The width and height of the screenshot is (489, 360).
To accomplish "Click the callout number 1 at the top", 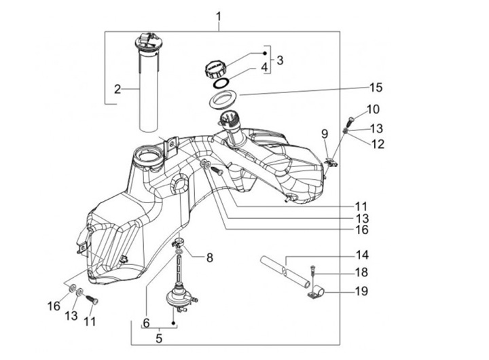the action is click(x=219, y=17).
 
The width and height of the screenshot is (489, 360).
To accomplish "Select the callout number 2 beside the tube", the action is click(x=117, y=89).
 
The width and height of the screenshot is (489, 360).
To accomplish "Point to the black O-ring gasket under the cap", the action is click(x=221, y=83).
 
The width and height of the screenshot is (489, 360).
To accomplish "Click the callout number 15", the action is click(x=376, y=88).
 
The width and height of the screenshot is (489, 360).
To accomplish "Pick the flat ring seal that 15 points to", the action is click(x=223, y=99).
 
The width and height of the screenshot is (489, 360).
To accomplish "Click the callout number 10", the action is click(x=373, y=109).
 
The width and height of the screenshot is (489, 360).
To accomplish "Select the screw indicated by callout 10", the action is click(x=350, y=121).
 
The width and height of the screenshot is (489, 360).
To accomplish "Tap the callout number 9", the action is click(x=325, y=134).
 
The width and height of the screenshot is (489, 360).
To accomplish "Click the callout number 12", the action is click(x=378, y=144).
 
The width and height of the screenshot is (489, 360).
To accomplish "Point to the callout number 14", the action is click(x=362, y=255).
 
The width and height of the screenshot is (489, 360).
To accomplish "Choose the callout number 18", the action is click(x=362, y=272).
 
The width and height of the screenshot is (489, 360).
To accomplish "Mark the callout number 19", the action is click(x=362, y=291).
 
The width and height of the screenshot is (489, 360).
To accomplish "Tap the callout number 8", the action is click(x=210, y=257).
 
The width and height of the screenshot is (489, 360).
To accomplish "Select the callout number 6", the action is click(x=147, y=322).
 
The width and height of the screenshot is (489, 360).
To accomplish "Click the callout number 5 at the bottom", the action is click(x=159, y=338).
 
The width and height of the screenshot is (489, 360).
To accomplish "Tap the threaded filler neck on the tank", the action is click(x=230, y=125).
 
